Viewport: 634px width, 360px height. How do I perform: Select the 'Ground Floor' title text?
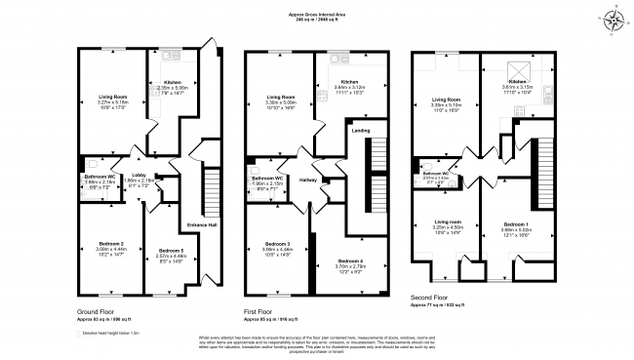click(98, 311)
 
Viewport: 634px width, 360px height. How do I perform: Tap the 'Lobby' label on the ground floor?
click(140, 174)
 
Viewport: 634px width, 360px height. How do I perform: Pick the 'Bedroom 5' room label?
click(169, 251)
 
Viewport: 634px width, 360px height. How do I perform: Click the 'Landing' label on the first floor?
click(361, 129)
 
